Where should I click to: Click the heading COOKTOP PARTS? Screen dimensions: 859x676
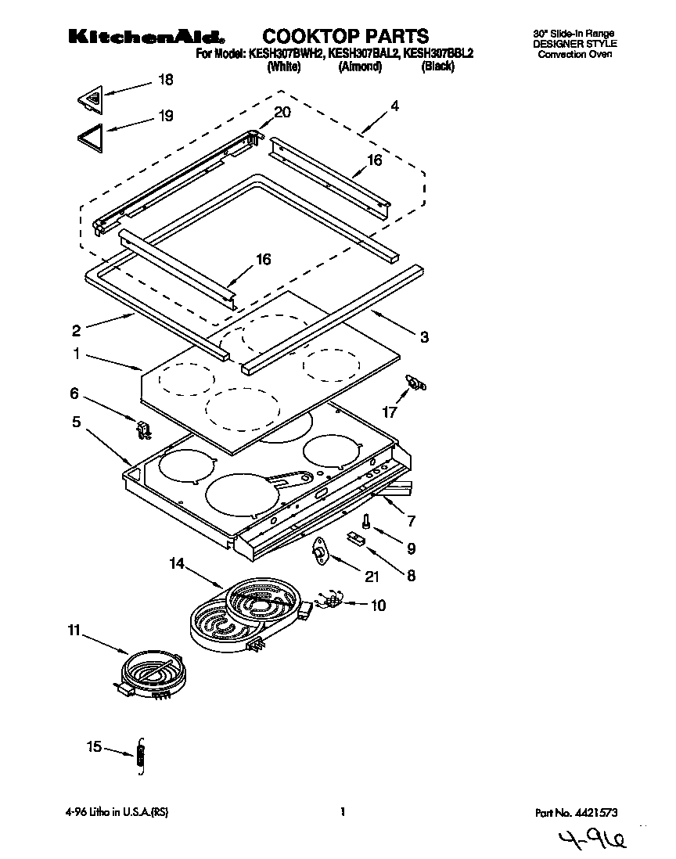pos(345,36)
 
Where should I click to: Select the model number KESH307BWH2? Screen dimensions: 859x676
pos(285,54)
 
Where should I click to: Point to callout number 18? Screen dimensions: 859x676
pos(165,80)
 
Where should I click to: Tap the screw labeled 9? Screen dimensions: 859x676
pos(366,521)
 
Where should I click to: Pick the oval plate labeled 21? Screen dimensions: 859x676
pos(322,553)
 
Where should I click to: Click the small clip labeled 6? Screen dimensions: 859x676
pos(142,430)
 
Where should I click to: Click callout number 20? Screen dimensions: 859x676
pos(282,112)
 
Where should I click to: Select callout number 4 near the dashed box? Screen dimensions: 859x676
pos(394,106)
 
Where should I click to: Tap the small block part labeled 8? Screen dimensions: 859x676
pos(358,538)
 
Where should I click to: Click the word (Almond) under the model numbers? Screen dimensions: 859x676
pos(359,67)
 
